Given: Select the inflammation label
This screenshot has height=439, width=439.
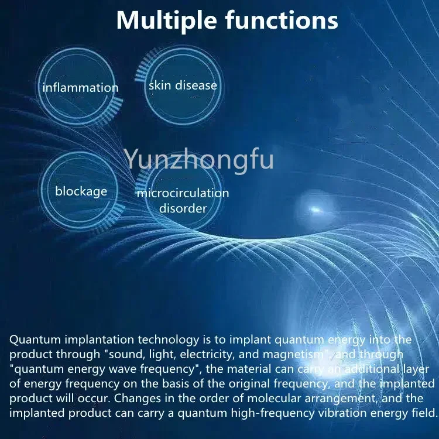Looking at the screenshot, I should [80, 88].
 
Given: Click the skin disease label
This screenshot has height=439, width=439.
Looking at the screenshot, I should [183, 85].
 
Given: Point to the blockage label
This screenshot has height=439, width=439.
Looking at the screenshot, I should [81, 191].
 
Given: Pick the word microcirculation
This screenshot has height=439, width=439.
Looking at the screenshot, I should [183, 193].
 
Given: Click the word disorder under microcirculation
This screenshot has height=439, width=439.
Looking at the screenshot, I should [183, 208].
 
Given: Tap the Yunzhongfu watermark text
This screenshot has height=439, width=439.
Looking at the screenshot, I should [199, 159].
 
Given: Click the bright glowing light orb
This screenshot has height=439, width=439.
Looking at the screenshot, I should [317, 208].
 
